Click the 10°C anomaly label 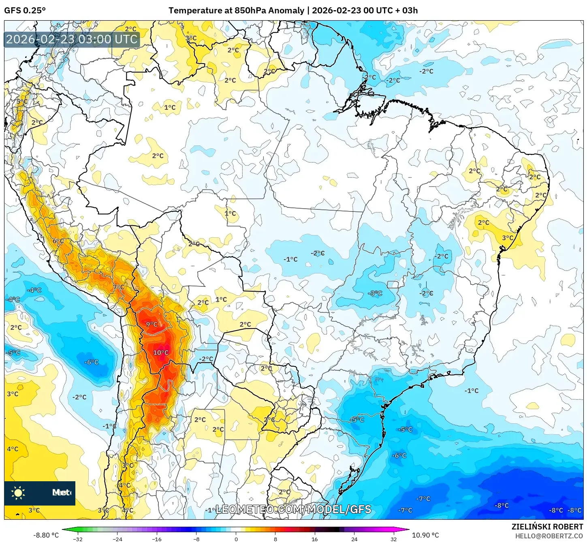tap(160, 353)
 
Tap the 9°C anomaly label tap(152, 324)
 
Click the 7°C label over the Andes tap(119, 287)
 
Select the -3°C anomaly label tap(375, 293)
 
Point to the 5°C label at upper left tap(22, 102)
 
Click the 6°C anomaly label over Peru tap(58, 241)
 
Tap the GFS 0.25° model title tap(25, 11)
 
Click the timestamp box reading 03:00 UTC tap(72, 39)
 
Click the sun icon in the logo tap(18, 493)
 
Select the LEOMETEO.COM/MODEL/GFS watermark tap(293, 509)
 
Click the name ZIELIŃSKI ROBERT tap(547, 527)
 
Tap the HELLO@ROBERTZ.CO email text tap(549, 536)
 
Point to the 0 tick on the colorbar tap(236, 539)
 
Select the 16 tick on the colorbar tap(315, 539)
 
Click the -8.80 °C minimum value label tap(46, 535)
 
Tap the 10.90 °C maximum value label tap(425, 535)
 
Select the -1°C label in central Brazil tap(290, 259)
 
